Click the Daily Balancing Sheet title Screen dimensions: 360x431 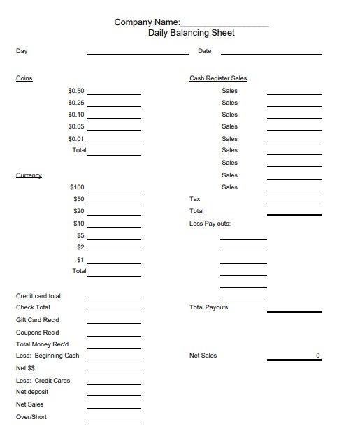pos(192,33)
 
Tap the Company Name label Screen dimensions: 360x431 pos(147,22)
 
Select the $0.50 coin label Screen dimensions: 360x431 pos(76,91)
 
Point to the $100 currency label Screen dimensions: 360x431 pos(77,187)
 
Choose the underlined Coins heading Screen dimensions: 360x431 pos(24,78)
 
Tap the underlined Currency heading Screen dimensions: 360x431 pos(29,175)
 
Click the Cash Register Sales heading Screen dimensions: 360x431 pos(218,78)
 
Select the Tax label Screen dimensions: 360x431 pos(195,199)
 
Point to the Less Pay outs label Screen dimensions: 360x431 pos(210,224)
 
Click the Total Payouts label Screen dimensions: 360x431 pos(208,307)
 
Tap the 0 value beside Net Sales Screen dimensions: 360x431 pos(317,356)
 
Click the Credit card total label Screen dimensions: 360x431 pos(38,296)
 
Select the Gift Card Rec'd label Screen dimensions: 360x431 pos(38,319)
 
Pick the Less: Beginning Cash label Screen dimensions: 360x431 pos(48,356)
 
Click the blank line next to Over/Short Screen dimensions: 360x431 pos(113,420)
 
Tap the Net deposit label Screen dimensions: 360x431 pos(32,392)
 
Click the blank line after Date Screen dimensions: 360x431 pos(271,53)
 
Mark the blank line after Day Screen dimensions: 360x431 pos(138,53)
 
